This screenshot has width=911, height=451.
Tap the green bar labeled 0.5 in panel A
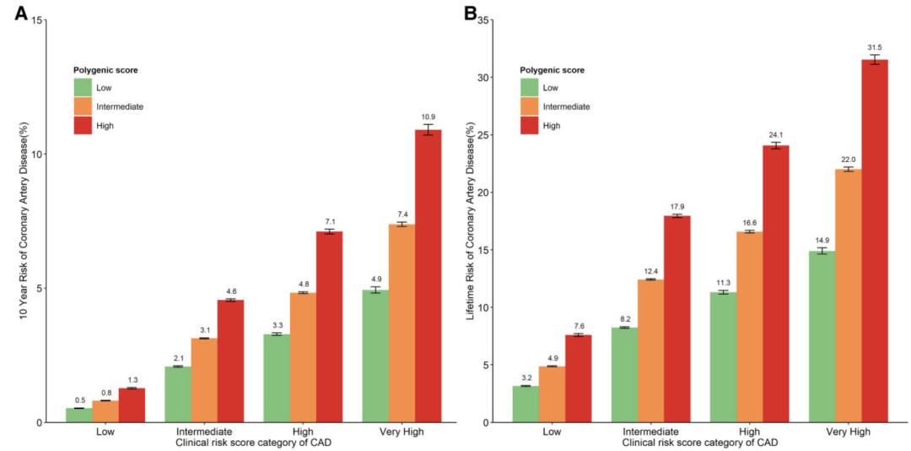point(79,415)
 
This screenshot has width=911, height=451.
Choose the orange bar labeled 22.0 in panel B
point(848,296)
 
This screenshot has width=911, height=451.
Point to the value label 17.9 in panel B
point(677,206)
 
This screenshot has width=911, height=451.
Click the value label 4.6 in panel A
point(230,291)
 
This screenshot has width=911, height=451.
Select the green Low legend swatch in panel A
point(83,87)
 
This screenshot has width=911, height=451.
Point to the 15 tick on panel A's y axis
point(36,19)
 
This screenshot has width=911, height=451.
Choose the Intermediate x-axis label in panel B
point(650,431)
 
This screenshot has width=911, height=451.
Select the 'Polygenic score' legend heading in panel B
point(552,70)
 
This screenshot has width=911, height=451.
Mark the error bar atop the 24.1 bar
point(775,146)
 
